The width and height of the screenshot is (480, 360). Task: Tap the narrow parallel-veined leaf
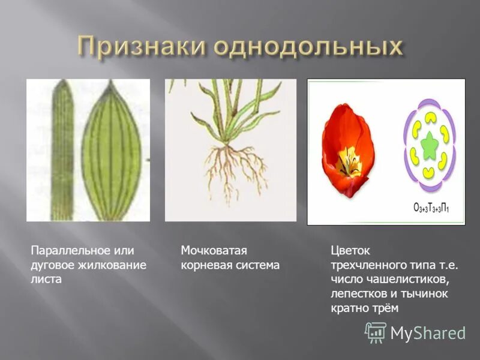pos(62,150)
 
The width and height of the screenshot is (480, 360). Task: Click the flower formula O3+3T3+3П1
pos(431,208)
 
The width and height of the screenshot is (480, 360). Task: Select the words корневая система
pos(230,265)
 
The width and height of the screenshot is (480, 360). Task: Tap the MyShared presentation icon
pos(376,332)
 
